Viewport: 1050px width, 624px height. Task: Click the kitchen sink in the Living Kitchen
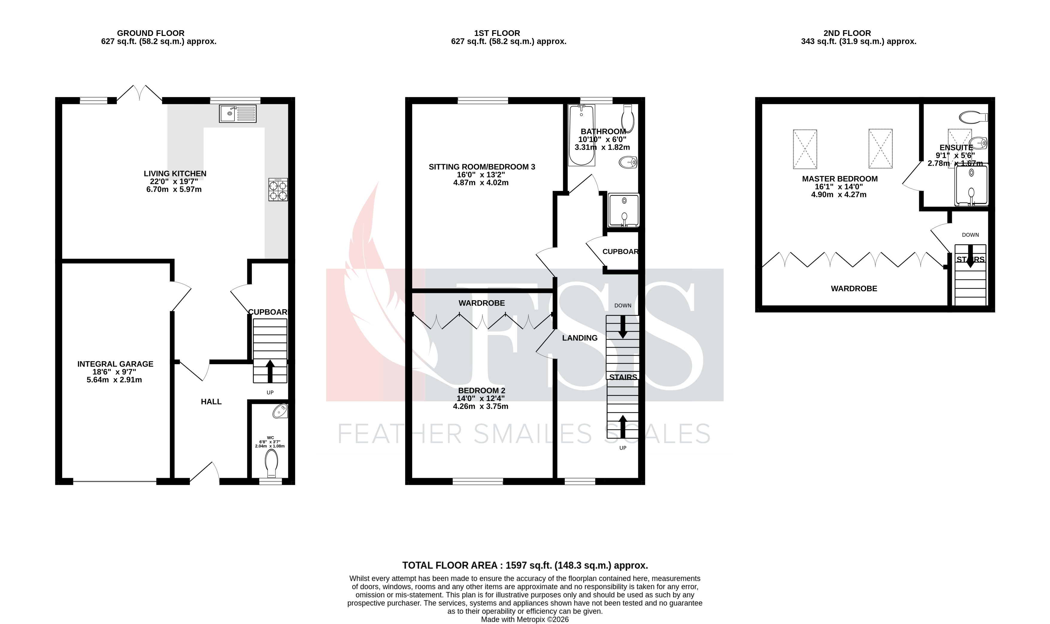(x=237, y=114)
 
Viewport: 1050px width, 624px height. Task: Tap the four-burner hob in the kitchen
(x=278, y=190)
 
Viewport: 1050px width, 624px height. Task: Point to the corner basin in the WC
(x=280, y=411)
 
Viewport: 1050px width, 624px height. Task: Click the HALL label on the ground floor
(x=211, y=401)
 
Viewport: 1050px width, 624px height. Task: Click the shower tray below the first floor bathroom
(x=624, y=210)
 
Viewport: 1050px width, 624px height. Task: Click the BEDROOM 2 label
(x=481, y=391)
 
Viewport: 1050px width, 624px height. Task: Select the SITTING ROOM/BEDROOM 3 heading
(x=481, y=167)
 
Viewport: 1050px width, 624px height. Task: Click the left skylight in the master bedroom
(x=804, y=149)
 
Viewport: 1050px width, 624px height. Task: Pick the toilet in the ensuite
(x=973, y=117)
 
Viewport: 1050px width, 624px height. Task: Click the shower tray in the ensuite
(x=971, y=185)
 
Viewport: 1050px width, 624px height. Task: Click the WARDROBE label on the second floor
(x=854, y=288)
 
